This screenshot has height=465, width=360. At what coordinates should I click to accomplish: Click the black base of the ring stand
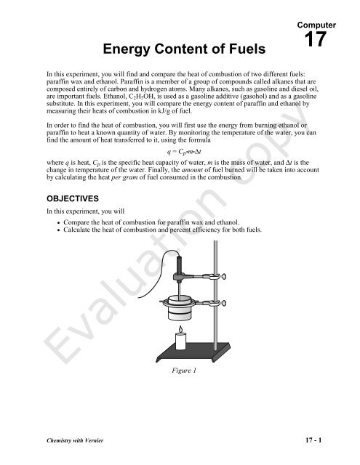click(196, 359)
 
